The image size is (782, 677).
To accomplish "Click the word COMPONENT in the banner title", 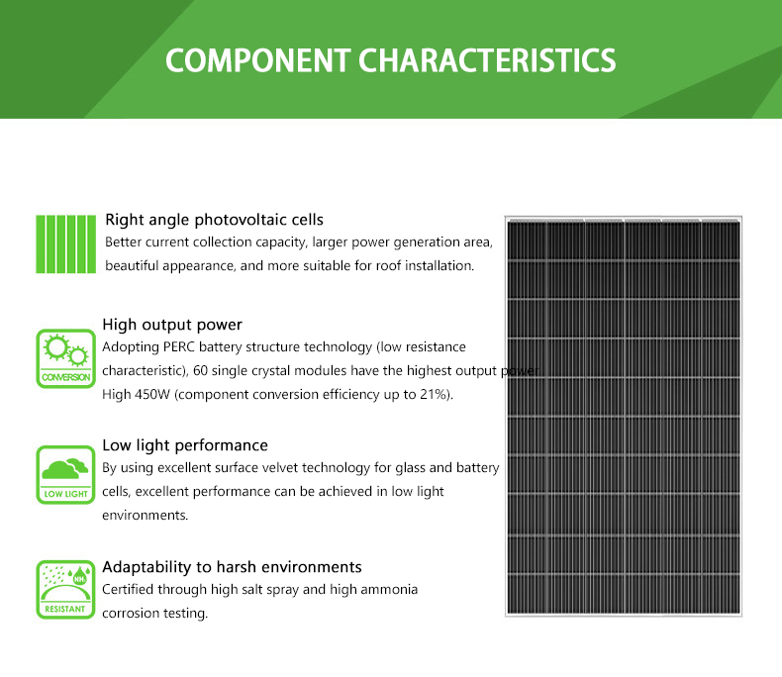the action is [257, 60].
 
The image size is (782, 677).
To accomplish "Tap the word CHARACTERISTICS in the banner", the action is [487, 60].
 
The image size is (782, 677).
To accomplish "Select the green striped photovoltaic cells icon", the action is [66, 244].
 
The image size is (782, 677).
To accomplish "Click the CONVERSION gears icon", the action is [66, 358].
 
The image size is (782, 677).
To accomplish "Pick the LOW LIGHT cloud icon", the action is [66, 475].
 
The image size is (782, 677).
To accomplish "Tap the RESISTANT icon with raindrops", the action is [66, 589].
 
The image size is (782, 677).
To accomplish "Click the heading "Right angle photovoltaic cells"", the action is [214, 220].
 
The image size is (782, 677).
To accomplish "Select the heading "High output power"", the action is [172, 325].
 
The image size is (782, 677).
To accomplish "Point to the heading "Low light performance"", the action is [185, 445].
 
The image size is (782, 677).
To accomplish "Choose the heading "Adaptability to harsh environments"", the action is [232, 567].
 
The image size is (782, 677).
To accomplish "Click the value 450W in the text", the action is [152, 395].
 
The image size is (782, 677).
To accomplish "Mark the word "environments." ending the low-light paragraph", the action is [146, 516].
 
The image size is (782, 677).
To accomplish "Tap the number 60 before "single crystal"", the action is [201, 371].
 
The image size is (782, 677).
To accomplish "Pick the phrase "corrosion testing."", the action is [155, 614].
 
